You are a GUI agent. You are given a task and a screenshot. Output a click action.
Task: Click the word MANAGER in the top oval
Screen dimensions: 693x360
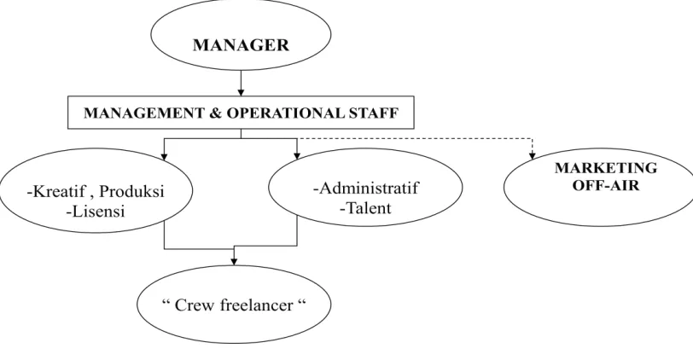point(241,45)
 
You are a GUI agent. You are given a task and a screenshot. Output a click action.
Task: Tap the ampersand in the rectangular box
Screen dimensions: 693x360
point(213,113)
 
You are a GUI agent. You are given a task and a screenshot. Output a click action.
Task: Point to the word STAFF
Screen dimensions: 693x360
point(373,113)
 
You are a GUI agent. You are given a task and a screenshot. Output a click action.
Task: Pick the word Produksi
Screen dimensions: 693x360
point(131,191)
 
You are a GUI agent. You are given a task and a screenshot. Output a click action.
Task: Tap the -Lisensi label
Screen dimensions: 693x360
point(95,212)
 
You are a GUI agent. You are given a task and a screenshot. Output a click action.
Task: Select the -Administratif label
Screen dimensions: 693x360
point(365,188)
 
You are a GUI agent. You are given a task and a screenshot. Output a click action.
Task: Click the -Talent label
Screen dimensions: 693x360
point(365,207)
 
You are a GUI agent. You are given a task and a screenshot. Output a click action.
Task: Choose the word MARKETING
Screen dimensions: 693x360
point(606,168)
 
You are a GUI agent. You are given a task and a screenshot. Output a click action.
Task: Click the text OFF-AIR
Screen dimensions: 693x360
point(606,185)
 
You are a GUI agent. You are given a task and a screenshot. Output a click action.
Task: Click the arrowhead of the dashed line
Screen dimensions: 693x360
point(533,155)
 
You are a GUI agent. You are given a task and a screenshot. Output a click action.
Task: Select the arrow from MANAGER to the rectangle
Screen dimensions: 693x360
point(241,83)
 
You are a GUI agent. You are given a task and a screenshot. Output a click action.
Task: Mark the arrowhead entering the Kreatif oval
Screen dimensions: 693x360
point(165,156)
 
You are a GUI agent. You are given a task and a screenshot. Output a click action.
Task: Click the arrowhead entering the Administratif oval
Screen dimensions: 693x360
point(297,155)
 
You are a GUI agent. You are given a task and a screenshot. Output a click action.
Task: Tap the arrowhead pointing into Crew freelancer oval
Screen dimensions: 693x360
point(234,262)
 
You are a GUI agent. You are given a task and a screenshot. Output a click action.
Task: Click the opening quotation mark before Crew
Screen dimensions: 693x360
point(166,302)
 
